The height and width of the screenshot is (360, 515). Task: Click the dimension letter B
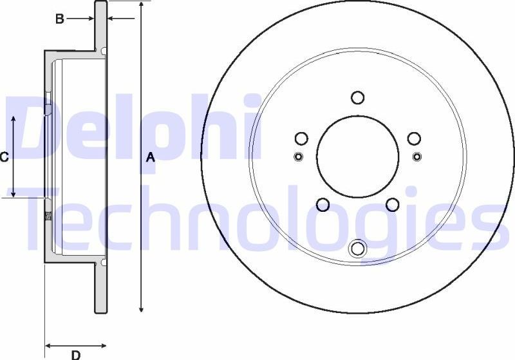click(59, 19)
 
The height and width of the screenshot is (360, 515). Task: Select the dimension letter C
click(4, 156)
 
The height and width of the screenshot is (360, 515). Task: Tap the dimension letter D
click(75, 354)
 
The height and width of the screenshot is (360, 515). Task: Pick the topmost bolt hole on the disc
click(358, 98)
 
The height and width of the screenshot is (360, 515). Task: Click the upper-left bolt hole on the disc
click(301, 138)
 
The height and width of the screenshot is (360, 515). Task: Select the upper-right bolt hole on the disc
click(415, 138)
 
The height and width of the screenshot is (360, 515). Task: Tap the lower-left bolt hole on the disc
click(323, 205)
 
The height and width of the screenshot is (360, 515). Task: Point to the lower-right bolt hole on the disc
click(392, 205)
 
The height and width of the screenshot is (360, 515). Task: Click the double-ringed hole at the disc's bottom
click(357, 248)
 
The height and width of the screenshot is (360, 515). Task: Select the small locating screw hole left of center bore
click(297, 156)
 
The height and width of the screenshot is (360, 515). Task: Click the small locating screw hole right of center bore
click(417, 156)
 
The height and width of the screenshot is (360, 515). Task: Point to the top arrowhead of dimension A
click(141, 5)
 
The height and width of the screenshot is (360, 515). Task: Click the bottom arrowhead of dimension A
click(141, 310)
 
